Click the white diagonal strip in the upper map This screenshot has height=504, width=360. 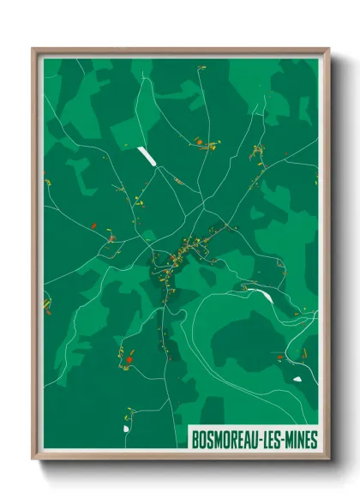point(144,155)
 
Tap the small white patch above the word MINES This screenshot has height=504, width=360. point(297,378)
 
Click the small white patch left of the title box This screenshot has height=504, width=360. point(125,427)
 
